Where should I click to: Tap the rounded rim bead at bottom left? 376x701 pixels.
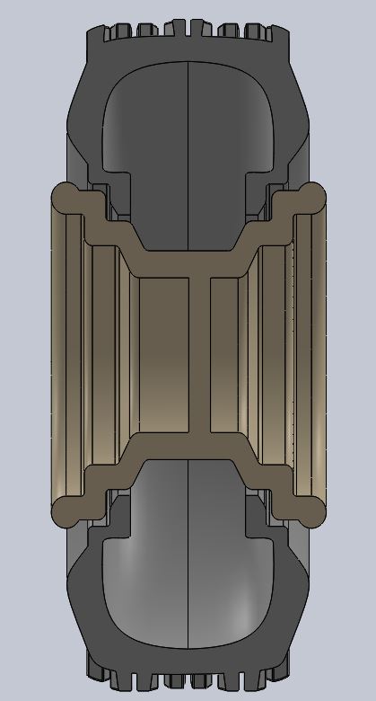click(66, 511)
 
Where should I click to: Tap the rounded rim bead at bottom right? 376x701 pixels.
click(311, 511)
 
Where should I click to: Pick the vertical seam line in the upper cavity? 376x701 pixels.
click(187, 153)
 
